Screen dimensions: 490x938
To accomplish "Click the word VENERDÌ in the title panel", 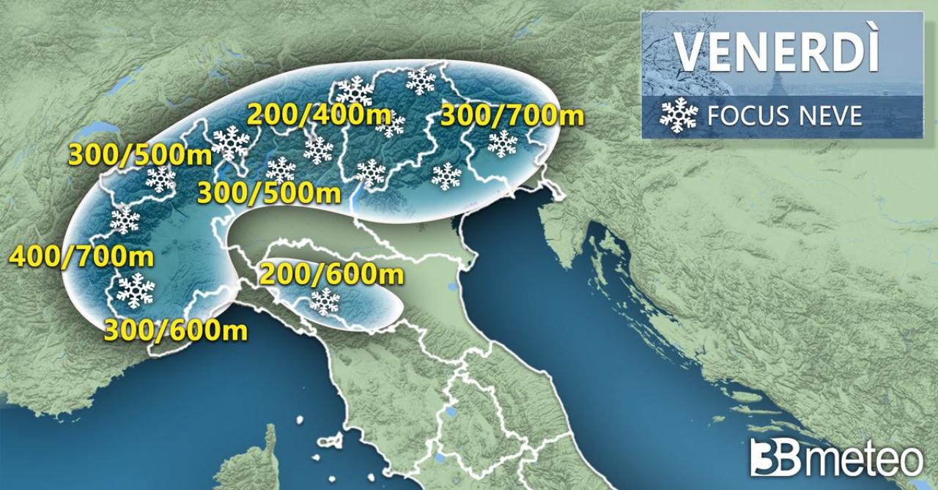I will coord(776,51).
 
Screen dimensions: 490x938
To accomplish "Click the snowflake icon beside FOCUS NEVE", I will coord(679,115).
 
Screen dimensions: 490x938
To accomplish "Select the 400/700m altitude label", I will coord(82,257).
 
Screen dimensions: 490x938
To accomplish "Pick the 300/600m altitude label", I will coord(176,330).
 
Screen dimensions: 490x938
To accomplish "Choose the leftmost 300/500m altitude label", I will coord(140,154).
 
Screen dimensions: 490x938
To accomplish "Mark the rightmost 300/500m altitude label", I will coord(270,193).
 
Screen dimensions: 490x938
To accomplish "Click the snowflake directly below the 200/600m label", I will coord(325,301).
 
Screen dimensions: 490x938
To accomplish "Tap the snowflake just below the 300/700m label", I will coord(502,144).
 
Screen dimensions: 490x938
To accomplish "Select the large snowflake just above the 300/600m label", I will coord(136,290).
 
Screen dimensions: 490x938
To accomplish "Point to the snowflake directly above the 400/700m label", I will coord(125,220).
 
